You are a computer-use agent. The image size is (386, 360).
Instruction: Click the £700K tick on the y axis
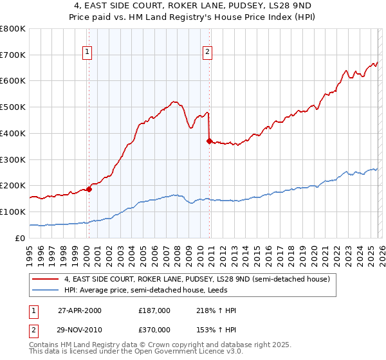pyautogui.click(x=13, y=55)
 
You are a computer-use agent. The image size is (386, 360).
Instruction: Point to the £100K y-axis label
pyautogui.click(x=13, y=212)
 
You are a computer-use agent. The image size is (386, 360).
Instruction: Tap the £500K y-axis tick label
pyautogui.click(x=13, y=107)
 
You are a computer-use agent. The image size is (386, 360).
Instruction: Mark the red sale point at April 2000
pyautogui.click(x=89, y=189)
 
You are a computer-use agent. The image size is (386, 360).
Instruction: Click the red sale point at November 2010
pyautogui.click(x=209, y=141)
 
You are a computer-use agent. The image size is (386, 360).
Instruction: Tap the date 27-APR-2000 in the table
pyautogui.click(x=79, y=310)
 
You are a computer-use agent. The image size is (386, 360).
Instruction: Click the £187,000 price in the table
pyautogui.click(x=154, y=310)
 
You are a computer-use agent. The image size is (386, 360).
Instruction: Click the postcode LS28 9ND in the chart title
pyautogui.click(x=286, y=8)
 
